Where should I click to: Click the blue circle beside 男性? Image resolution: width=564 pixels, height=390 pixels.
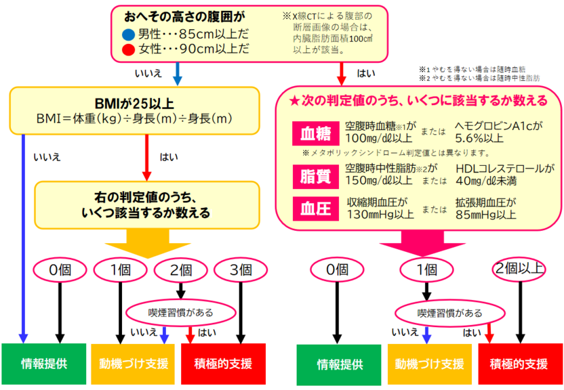[128, 34]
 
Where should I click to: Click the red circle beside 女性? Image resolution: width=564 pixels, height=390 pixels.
[128, 49]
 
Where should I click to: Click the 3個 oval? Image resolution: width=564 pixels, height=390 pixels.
[240, 269]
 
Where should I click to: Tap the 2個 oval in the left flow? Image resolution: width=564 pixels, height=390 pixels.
[180, 269]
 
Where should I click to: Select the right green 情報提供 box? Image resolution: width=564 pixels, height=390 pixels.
[340, 364]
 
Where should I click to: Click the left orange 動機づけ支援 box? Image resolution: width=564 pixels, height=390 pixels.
[135, 364]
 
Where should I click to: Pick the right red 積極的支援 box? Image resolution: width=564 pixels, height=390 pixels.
[519, 364]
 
